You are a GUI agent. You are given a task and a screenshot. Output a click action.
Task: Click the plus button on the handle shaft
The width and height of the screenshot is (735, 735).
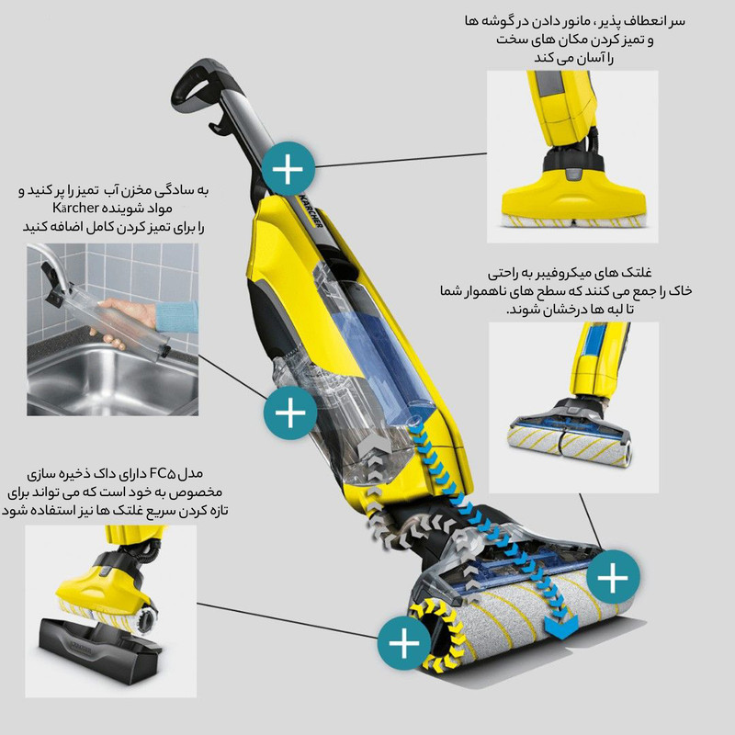pyautogui.click(x=288, y=169)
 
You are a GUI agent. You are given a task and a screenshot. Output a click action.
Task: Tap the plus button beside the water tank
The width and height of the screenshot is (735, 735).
pyautogui.click(x=290, y=413)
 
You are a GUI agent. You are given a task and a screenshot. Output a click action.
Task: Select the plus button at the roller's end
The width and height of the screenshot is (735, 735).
pyautogui.click(x=404, y=642)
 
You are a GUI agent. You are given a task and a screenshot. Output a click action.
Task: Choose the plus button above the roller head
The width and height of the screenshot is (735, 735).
pyautogui.click(x=613, y=578)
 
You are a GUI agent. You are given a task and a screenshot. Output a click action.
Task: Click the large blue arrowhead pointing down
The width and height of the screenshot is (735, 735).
pyautogui.click(x=561, y=627)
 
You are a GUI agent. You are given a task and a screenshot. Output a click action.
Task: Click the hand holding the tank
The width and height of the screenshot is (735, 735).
pyautogui.click(x=126, y=319)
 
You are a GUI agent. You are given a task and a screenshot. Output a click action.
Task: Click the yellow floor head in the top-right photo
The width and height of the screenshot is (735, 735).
pyautogui.click(x=573, y=196)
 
